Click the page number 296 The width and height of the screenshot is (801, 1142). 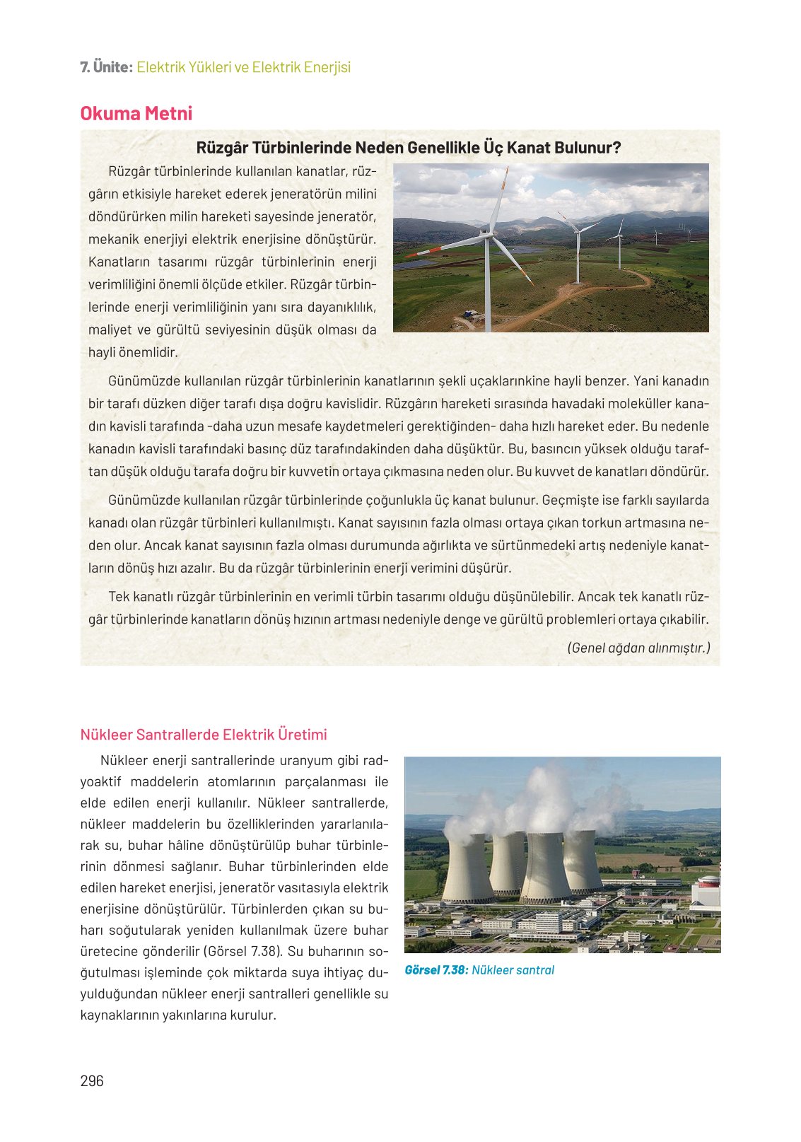point(92,1080)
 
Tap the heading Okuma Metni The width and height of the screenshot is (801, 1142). point(136,114)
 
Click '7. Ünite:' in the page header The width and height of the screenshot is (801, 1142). point(106,68)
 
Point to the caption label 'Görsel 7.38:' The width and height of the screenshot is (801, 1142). point(435,970)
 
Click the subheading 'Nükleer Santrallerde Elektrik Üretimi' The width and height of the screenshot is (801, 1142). point(204,735)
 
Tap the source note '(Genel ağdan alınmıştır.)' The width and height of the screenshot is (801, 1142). point(638,648)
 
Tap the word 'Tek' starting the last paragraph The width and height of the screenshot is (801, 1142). point(119,597)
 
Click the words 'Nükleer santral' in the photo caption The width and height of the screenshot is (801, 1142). point(513,970)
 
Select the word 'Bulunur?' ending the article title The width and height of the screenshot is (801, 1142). point(587,148)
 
